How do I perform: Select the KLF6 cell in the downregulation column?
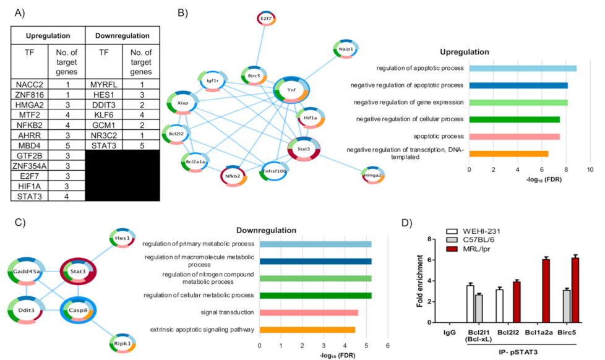coord(101,113)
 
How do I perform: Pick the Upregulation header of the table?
coord(45,35)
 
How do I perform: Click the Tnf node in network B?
coord(291,90)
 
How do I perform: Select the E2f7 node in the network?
coord(267,19)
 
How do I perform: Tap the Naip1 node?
coord(346,48)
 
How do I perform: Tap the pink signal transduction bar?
coord(309,313)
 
